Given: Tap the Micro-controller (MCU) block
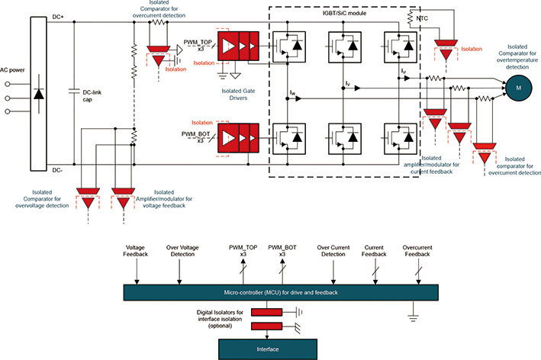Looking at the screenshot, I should point(280,292).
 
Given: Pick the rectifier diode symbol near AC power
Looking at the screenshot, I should point(39,95).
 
